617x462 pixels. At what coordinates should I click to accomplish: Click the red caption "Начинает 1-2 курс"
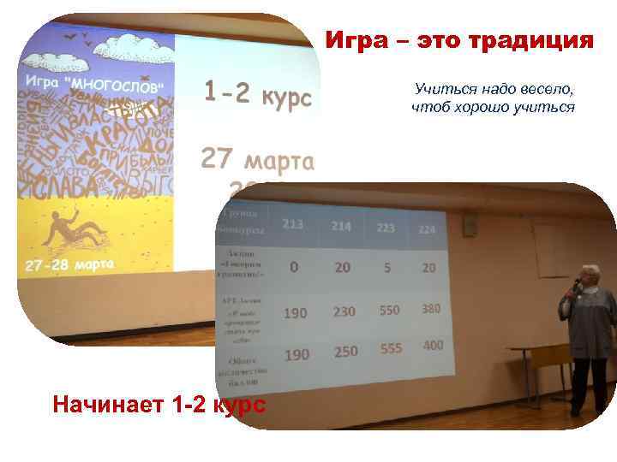pos(159,403)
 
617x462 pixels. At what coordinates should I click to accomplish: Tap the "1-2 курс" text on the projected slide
pos(257,94)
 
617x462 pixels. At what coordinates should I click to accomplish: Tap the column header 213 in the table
pos(292,224)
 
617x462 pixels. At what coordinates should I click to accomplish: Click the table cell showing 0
pos(294,267)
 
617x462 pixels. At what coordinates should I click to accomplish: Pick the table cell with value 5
pos(387,267)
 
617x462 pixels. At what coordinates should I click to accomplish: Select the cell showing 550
pos(389,310)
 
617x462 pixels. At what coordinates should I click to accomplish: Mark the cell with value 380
pos(431,308)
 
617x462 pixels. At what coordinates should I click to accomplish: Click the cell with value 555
pos(390,349)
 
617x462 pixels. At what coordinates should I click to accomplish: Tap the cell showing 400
pos(433,346)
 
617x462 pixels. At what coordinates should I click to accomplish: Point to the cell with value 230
pos(344,312)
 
